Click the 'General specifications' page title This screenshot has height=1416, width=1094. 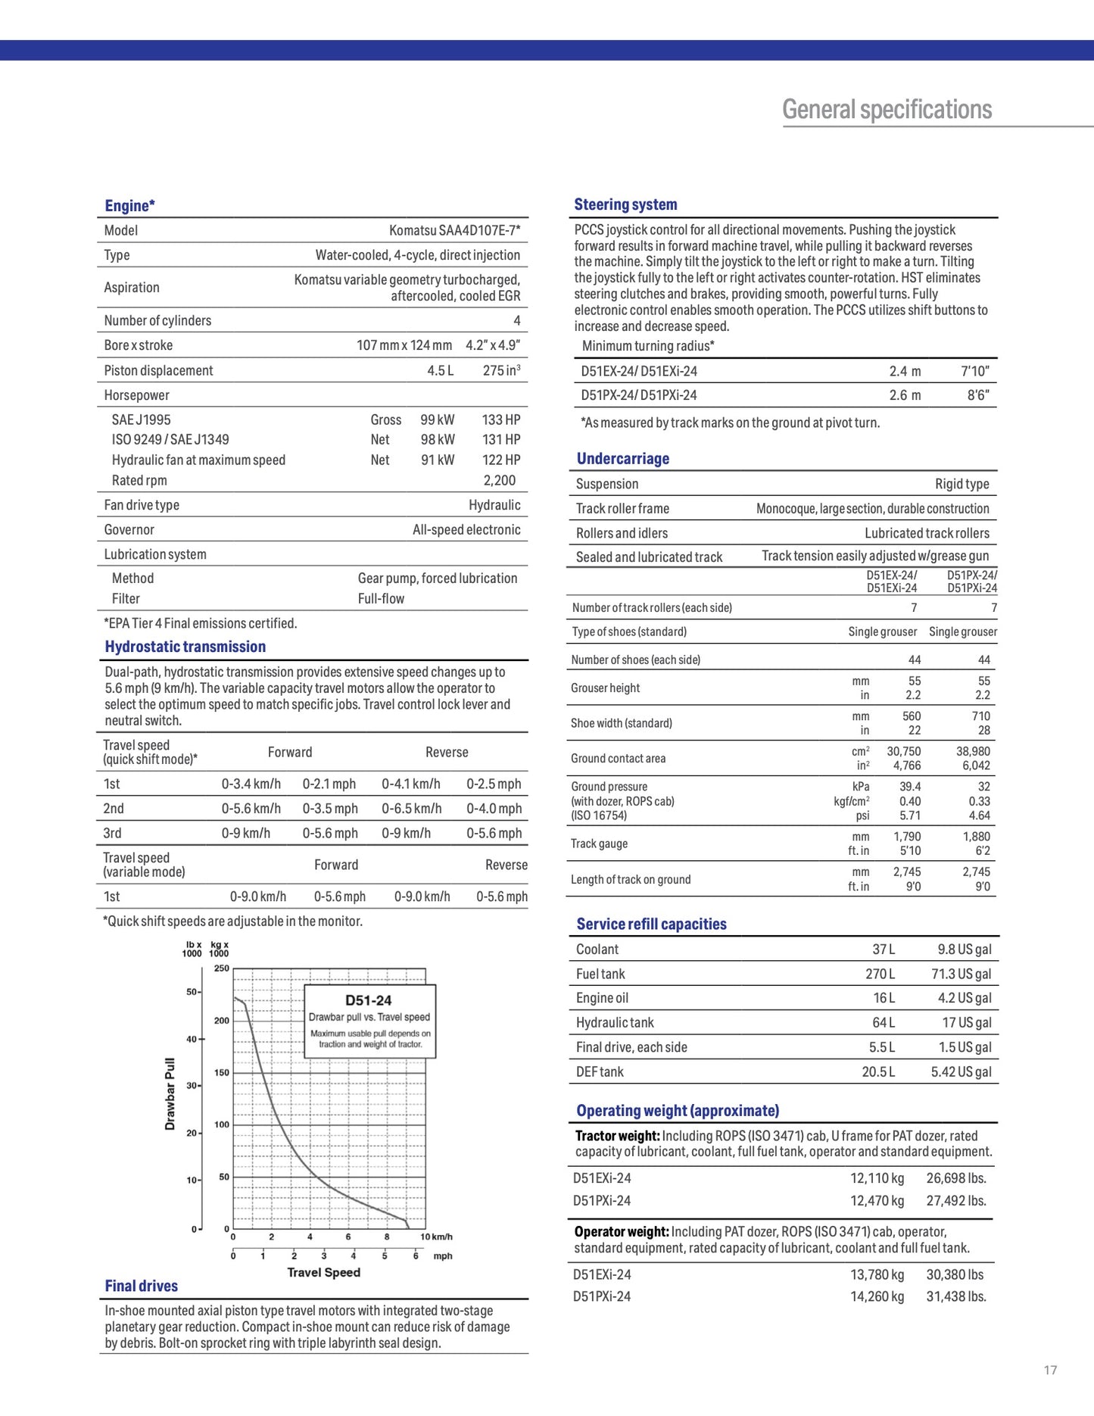pos(887,110)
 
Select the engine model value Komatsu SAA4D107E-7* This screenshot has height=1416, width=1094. pos(454,230)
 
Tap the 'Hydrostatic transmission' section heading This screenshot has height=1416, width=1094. pos(185,647)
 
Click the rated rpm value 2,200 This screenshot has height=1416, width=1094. pos(500,480)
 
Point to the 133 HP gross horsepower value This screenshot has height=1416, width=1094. pos(501,419)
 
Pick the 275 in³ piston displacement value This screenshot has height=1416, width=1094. pos(501,370)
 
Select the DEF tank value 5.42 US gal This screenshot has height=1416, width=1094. pos(961,1071)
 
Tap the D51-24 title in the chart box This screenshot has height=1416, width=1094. pos(369,1000)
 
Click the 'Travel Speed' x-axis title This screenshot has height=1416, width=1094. pos(323,1272)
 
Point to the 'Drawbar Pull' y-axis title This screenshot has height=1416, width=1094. pos(170,1093)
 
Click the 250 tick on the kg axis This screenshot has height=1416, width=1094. pos(221,968)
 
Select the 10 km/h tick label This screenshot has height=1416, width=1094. pos(436,1237)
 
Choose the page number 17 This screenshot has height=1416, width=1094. pos(1050,1370)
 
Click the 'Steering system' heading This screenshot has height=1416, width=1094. pos(625,204)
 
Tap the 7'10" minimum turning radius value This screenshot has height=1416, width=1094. pos(974,371)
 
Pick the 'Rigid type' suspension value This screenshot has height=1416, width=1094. pos(962,484)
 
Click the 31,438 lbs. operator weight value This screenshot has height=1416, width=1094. pos(956,1296)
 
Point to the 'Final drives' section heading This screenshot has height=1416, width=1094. pos(142,1286)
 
